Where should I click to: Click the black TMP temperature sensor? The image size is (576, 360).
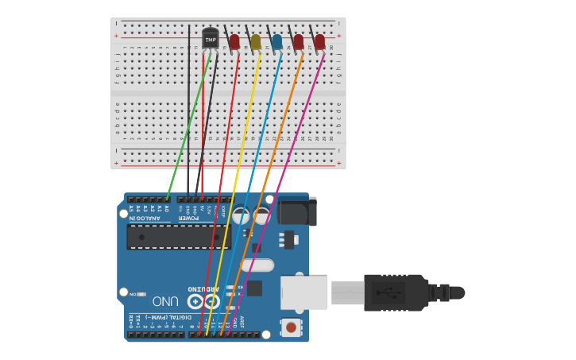tap(210, 38)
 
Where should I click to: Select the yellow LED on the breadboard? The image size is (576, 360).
tap(255, 41)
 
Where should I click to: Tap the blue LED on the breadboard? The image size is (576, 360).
tap(276, 41)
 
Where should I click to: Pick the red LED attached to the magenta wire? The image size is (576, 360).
tap(319, 41)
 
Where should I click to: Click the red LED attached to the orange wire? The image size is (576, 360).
tap(298, 41)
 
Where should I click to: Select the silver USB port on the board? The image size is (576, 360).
tap(303, 292)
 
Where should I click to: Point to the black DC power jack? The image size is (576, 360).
tap(296, 211)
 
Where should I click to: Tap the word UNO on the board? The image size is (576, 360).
tap(165, 301)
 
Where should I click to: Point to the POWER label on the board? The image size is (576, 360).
tap(188, 218)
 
